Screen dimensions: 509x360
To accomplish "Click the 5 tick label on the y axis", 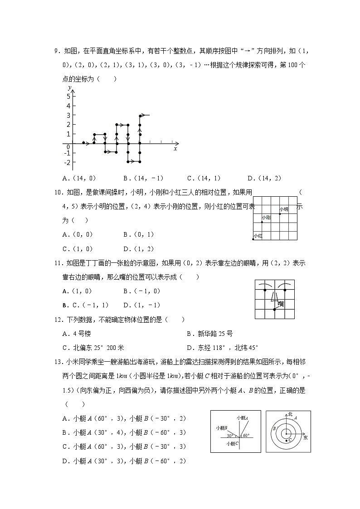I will [68, 96].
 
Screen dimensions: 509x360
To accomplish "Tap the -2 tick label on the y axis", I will [67, 162].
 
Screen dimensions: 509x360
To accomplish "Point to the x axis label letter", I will [175, 149].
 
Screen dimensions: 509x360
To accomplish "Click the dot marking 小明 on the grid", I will [280, 213].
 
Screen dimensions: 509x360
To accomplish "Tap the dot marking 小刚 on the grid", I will [262, 222].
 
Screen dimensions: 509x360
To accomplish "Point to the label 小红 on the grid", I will [258, 236].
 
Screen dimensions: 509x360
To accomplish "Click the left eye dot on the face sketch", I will [265, 289].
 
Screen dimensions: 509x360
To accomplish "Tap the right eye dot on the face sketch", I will [285, 289].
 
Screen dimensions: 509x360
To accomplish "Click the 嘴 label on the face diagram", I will [281, 304].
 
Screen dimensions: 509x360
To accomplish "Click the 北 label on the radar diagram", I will [290, 414].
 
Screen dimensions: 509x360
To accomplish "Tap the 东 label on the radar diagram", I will [306, 438].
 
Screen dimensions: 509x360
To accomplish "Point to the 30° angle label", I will [230, 436].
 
